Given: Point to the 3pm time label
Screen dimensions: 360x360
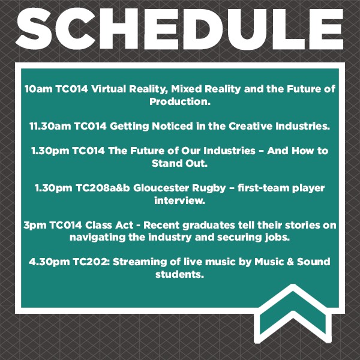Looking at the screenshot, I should pyautogui.click(x=34, y=225).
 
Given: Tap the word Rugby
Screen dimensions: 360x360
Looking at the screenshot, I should pyautogui.click(x=220, y=188).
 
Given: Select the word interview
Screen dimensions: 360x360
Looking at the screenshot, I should pyautogui.click(x=180, y=201).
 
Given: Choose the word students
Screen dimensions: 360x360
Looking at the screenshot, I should pyautogui.click(x=180, y=275).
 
